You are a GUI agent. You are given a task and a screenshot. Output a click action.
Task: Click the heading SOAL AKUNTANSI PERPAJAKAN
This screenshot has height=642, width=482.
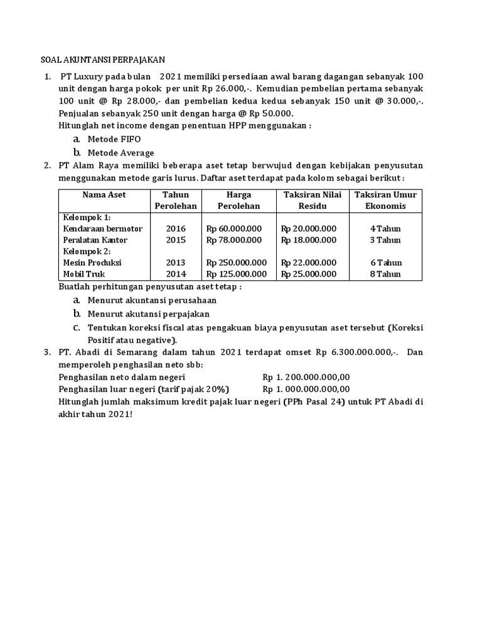point(99,60)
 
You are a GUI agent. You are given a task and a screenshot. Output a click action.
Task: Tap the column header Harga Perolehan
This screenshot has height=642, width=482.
point(238,200)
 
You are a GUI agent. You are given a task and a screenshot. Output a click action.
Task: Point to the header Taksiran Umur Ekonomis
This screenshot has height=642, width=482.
point(385,200)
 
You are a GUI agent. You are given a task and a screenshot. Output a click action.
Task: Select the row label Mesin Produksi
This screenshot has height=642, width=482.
point(92,263)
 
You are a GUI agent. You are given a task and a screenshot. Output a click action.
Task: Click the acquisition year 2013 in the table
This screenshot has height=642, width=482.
point(176,263)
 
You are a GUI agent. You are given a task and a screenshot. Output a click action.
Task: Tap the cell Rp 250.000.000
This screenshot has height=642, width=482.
point(237,263)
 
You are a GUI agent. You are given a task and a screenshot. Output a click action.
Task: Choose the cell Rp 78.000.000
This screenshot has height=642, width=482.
point(234,240)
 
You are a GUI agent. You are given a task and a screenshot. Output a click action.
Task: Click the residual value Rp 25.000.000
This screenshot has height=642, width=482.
point(309,274)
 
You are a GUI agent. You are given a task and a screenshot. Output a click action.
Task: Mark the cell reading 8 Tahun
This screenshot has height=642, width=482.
point(385,274)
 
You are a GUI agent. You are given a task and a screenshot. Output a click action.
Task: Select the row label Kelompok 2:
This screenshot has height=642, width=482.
point(87,251)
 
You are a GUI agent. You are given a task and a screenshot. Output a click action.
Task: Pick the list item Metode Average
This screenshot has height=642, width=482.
point(120,152)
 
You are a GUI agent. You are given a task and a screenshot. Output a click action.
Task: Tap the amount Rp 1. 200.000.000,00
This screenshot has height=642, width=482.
point(306,376)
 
